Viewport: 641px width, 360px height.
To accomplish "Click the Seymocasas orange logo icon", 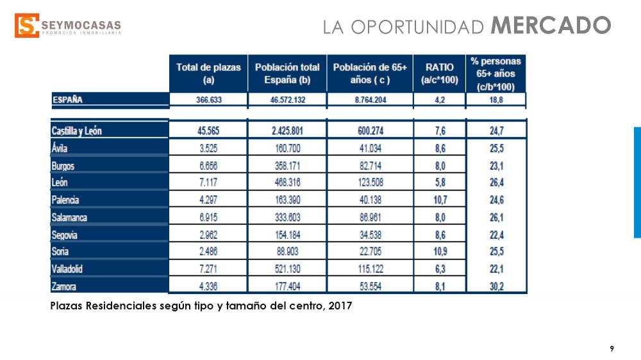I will click(x=26, y=26).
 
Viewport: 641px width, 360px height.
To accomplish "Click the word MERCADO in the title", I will click(x=551, y=26).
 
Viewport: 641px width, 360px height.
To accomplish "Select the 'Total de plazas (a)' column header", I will click(x=208, y=74).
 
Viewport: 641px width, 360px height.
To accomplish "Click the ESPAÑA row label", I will click(x=68, y=99).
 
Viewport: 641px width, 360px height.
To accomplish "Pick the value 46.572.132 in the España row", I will click(x=287, y=99).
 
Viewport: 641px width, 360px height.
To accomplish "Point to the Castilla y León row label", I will click(x=77, y=131).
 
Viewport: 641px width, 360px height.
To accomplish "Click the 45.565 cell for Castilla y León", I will click(x=208, y=131).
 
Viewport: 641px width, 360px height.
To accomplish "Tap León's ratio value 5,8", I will click(x=439, y=183).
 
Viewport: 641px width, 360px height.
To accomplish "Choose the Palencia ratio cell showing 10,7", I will click(x=439, y=200).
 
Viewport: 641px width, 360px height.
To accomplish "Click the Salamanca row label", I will click(x=69, y=217).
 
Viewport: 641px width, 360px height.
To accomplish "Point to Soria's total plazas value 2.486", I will click(x=208, y=252).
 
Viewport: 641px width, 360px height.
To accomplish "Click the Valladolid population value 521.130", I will click(x=287, y=269).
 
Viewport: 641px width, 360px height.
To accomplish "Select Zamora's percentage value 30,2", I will click(x=496, y=286).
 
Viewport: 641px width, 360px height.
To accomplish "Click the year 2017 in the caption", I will click(x=340, y=306).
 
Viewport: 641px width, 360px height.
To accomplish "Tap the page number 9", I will click(x=612, y=348).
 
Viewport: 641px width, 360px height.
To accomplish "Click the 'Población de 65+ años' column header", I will click(x=366, y=74).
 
